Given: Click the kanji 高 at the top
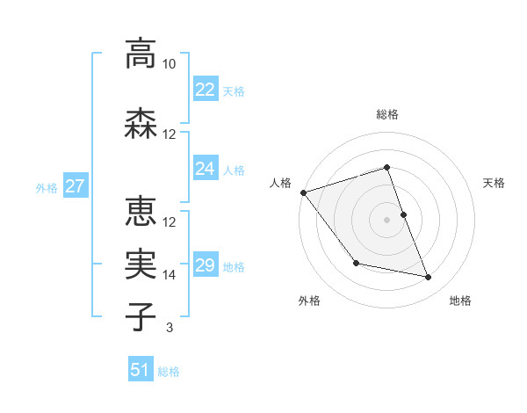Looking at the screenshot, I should pyautogui.click(x=141, y=54).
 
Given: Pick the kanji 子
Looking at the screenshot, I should pyautogui.click(x=141, y=316).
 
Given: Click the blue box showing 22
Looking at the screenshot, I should pyautogui.click(x=206, y=89).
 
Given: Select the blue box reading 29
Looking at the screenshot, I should pyautogui.click(x=206, y=264).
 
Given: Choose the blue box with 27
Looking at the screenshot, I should pyautogui.click(x=75, y=186).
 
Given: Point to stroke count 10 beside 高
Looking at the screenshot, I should pyautogui.click(x=170, y=65).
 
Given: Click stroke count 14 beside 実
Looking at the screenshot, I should pyautogui.click(x=170, y=275).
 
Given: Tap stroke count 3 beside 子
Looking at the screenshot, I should pyautogui.click(x=170, y=329).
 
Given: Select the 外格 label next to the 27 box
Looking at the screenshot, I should pyautogui.click(x=47, y=187).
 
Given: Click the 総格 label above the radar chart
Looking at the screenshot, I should pyautogui.click(x=387, y=114).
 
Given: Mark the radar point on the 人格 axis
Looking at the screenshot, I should pyautogui.click(x=303, y=192).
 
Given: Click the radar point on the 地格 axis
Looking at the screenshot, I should pyautogui.click(x=429, y=278).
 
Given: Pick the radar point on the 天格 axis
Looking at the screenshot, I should pyautogui.click(x=403, y=214).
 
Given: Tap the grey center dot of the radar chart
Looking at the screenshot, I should pyautogui.click(x=387, y=220).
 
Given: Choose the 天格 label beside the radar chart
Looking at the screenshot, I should pyautogui.click(x=495, y=183).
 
